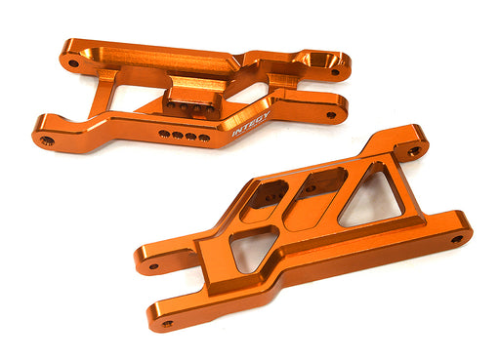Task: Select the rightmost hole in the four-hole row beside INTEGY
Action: pos(204,138)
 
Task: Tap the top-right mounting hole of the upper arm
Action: pos(335,71)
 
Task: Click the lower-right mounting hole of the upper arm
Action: pos(330,115)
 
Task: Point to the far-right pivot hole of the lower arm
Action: pos(456,239)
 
